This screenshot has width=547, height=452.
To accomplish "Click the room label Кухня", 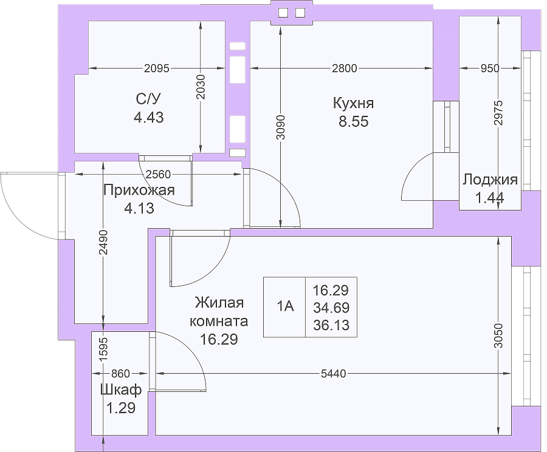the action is (353, 103).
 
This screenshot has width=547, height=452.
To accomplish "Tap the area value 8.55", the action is (353, 121).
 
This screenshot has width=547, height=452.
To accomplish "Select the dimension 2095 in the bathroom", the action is (157, 68).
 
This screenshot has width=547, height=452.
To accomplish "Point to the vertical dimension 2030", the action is (201, 87).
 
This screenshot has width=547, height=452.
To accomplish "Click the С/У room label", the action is (149, 100).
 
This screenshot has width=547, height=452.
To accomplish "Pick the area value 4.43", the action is (149, 117).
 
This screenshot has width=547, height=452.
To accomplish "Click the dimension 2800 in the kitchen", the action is (345, 68).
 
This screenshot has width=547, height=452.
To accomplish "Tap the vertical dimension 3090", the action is (281, 127).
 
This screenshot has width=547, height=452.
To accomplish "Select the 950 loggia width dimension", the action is (490, 68).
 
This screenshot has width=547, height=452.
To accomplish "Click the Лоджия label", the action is (490, 180).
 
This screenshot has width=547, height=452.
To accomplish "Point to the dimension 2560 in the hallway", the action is (158, 174).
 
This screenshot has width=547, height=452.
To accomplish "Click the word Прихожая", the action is (139, 191).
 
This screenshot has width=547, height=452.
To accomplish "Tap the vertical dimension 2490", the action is (103, 242).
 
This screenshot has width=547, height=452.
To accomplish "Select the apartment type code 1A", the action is (286, 306).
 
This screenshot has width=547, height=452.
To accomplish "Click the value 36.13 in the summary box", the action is (331, 325).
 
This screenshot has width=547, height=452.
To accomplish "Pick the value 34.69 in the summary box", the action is (331, 308).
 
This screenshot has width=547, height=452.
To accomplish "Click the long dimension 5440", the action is (333, 374).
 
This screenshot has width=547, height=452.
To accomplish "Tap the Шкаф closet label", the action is (121, 390).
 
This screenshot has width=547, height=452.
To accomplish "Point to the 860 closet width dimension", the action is (120, 374).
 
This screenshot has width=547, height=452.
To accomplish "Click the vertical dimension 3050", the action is (498, 336).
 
